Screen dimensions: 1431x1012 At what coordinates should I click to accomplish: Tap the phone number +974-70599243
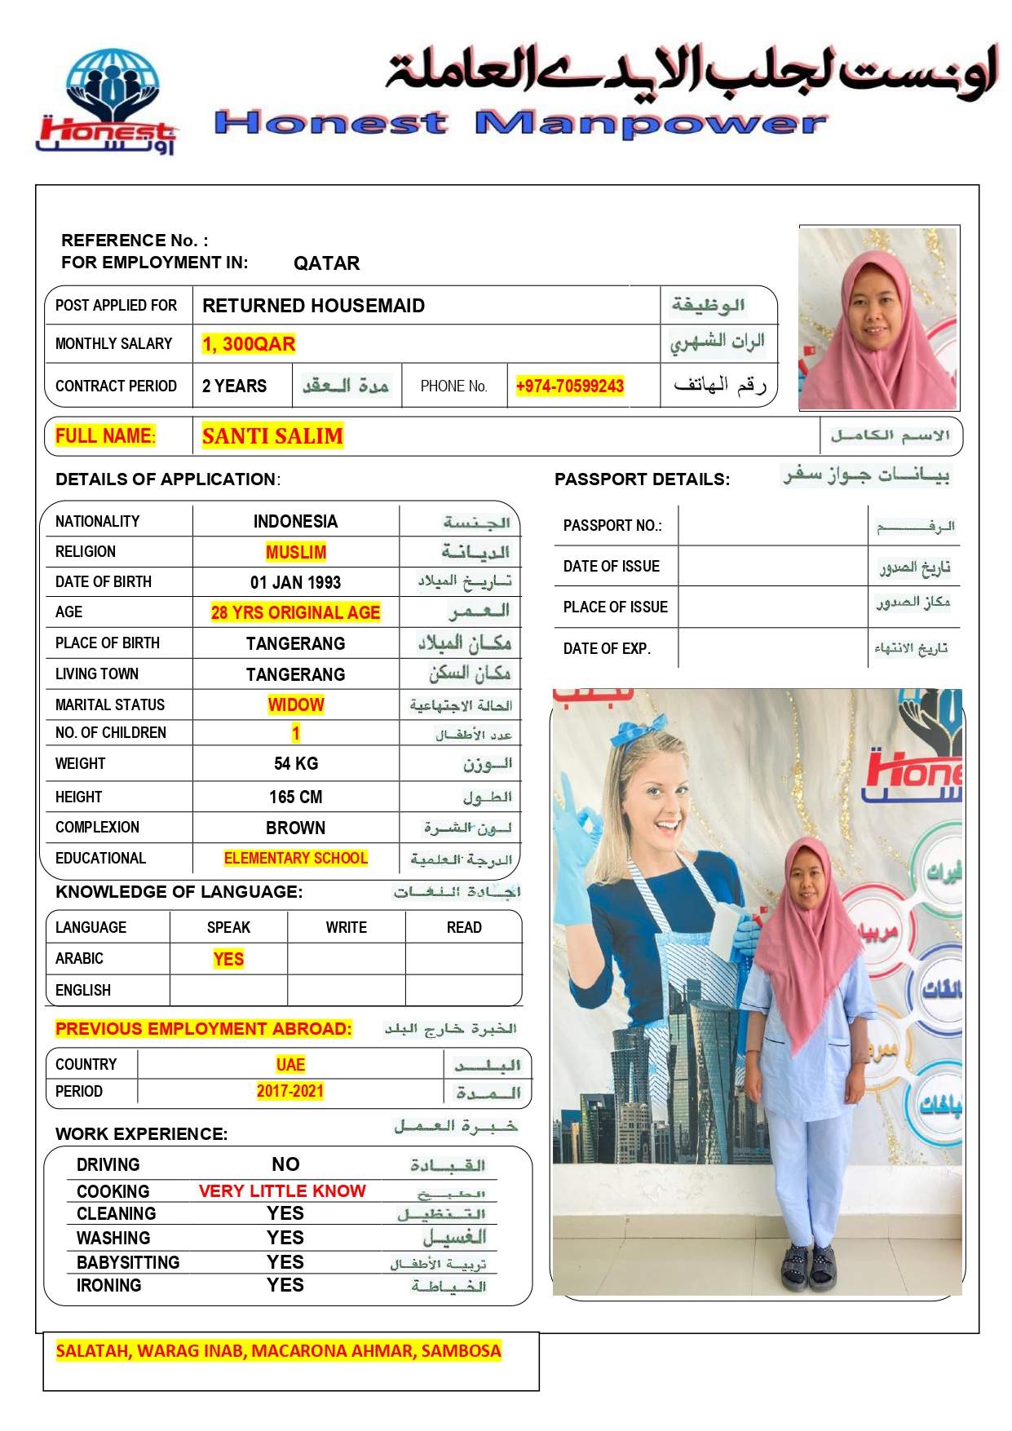tap(569, 386)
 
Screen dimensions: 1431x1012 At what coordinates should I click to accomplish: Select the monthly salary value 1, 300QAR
tap(249, 344)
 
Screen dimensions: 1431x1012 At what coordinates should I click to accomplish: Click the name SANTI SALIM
tap(272, 436)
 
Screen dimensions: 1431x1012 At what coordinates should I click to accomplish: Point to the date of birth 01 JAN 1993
tap(295, 582)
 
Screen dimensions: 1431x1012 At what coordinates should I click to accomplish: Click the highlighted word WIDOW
tap(296, 704)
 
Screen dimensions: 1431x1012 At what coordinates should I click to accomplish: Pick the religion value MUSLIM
tap(296, 552)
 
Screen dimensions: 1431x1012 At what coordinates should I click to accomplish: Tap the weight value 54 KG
tap(296, 763)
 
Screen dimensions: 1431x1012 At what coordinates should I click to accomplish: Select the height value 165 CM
tap(296, 797)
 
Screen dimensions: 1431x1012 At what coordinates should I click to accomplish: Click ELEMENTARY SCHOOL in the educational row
tap(296, 858)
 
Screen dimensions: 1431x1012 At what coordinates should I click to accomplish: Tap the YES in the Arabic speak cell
tap(228, 959)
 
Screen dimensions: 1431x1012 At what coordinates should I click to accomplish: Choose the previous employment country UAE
tap(290, 1064)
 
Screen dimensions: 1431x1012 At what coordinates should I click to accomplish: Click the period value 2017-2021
tap(290, 1091)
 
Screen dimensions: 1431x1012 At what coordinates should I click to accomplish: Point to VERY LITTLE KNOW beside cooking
tap(282, 1190)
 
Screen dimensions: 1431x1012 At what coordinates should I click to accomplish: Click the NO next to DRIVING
tap(285, 1164)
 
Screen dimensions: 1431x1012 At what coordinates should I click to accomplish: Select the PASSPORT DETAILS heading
tap(642, 479)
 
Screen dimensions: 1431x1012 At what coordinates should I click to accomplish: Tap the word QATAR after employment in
tap(326, 263)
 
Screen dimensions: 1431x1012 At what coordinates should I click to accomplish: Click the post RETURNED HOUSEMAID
tap(313, 306)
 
